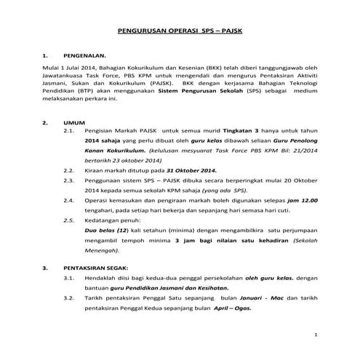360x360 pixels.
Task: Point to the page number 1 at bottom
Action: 315,335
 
